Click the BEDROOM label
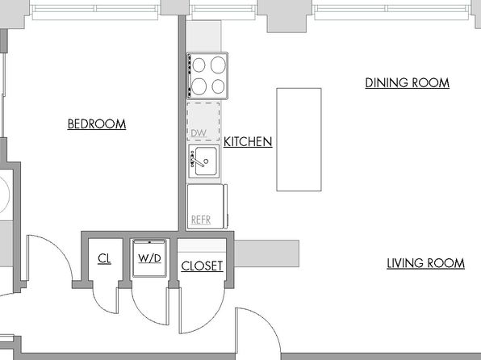point(97,124)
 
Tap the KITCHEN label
point(248,142)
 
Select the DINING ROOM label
point(408,83)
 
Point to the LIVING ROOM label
point(426,263)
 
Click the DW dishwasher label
point(199,133)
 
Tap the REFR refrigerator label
point(201,220)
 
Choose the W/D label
point(149,258)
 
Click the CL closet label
point(104,259)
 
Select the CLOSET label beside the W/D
point(202,266)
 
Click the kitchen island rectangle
point(299,140)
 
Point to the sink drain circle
point(206,161)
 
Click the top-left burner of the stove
point(199,65)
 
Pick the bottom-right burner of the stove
point(219,86)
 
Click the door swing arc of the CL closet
point(101,306)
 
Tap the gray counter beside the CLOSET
point(266,253)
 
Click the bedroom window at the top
point(95,12)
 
